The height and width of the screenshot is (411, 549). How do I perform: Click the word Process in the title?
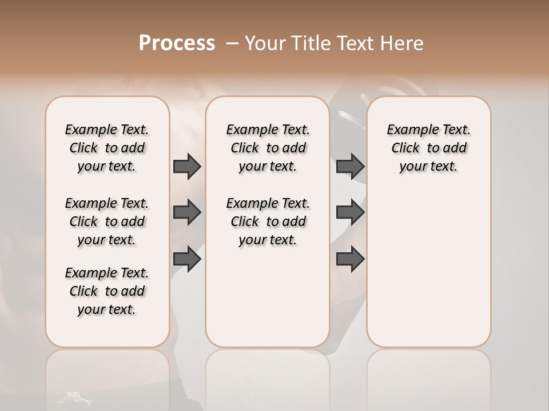pos(177,43)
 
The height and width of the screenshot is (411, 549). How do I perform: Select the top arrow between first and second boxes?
pos(187,166)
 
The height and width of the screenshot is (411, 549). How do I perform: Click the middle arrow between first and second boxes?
pos(187,212)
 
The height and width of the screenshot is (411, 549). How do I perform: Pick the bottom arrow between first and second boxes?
pos(187,259)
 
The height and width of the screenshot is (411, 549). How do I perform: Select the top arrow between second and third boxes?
pos(350,166)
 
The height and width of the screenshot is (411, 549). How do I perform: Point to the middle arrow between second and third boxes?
pos(350,212)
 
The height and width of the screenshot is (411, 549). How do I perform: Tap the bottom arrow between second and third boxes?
pos(350,259)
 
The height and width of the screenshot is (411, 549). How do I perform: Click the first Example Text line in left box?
pos(107,130)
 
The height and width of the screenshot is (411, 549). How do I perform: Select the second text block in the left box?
pos(107,221)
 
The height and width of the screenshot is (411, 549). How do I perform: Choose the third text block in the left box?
pos(107,291)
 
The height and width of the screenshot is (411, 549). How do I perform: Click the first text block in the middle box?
pos(268,148)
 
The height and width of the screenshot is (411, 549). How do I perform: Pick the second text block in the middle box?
pos(268,221)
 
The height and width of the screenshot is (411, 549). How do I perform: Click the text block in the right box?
pos(429,148)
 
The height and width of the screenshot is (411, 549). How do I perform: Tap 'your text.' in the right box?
pos(429,167)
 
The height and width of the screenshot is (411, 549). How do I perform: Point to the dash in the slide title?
pos(232,43)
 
